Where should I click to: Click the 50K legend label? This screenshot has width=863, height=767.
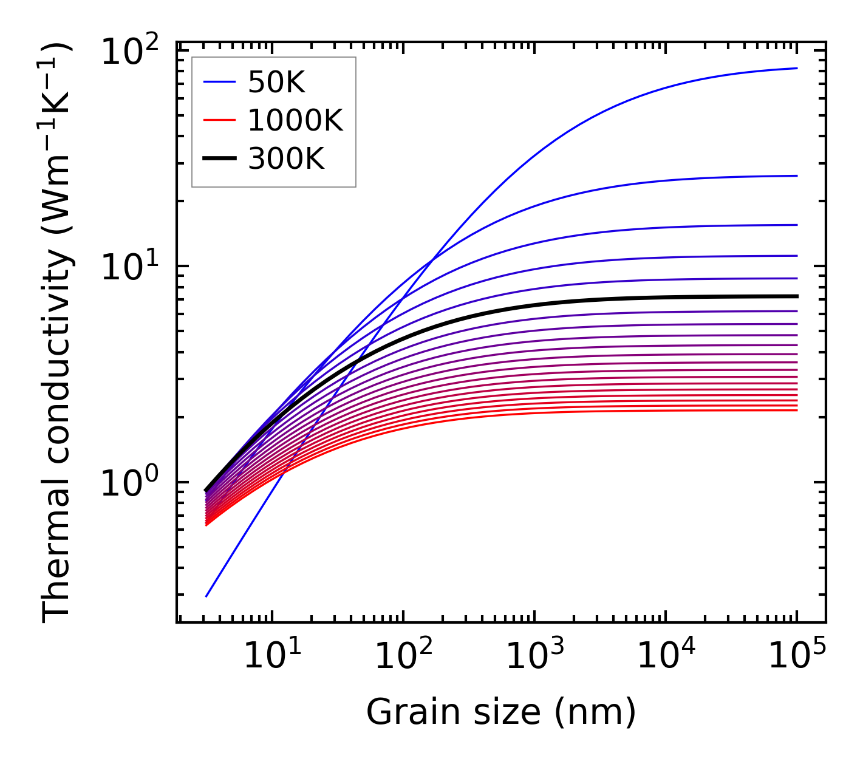[x=276, y=83]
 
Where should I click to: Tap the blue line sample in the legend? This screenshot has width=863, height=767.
[x=219, y=83]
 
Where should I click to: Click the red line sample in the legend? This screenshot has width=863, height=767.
[x=219, y=121]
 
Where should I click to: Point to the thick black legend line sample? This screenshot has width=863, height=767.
[x=219, y=159]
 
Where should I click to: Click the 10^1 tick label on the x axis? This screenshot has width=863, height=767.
[x=271, y=656]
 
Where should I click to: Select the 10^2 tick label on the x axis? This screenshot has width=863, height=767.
[x=403, y=656]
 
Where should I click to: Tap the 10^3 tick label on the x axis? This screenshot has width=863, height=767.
[x=534, y=656]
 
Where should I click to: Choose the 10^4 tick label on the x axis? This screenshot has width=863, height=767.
[x=666, y=656]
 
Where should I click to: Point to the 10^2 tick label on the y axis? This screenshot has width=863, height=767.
[x=129, y=52]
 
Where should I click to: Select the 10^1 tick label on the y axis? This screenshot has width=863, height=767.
[x=129, y=267]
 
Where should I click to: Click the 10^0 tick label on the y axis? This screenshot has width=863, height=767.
[x=129, y=483]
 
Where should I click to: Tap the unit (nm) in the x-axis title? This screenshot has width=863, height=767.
[x=595, y=712]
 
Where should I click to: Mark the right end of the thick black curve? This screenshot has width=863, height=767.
[x=796, y=296]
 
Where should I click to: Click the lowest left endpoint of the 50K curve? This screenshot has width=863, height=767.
[x=206, y=596]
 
